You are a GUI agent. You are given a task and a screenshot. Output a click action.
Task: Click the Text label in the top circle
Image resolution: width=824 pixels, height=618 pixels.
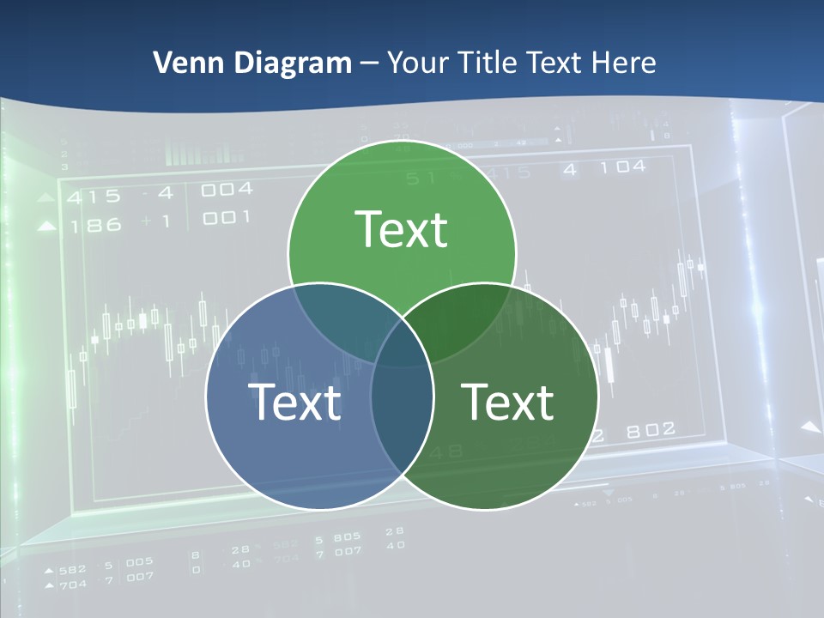click(401, 229)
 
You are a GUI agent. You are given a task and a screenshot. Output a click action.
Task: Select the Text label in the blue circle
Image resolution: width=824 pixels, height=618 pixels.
click(294, 402)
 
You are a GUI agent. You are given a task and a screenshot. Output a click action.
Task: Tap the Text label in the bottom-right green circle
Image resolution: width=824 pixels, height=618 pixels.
click(507, 402)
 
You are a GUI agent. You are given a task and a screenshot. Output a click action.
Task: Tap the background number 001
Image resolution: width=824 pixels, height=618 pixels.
click(227, 218)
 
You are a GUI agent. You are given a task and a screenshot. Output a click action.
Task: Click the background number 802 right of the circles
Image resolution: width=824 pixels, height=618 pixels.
click(650, 430)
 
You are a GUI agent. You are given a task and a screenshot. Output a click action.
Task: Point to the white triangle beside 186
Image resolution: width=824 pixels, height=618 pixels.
click(48, 227)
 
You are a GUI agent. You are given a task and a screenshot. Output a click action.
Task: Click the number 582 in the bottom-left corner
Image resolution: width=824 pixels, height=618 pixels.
click(73, 569)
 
